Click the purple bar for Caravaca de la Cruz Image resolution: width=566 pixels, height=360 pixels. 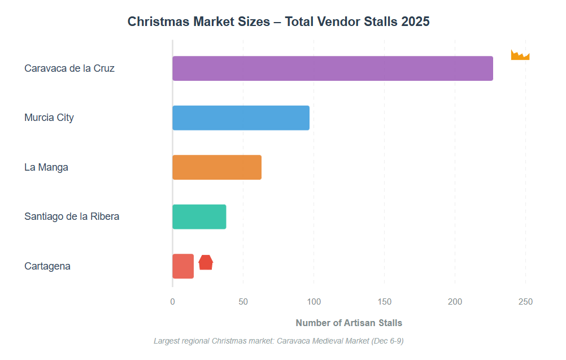coord(332,68)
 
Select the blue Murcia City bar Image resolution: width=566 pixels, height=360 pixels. coord(241,118)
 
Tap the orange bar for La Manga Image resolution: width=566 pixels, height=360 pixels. coord(217,167)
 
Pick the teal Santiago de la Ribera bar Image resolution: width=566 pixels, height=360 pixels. coord(199,216)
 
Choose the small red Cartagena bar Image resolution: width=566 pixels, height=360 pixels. coord(183,266)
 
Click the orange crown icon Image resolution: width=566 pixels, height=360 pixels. coord(520,55)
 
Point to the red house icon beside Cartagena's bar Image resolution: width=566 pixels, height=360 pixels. coord(206,262)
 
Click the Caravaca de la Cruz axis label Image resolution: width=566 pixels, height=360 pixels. coord(69,68)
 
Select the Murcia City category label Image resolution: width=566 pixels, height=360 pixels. coord(49,118)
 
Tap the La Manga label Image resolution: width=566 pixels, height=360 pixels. coord(46,167)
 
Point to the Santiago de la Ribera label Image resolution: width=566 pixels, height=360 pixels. coord(72,216)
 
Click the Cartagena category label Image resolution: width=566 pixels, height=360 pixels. coord(47,266)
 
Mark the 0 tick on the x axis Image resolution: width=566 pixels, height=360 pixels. coord(172,302)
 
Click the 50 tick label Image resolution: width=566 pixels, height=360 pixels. coord(243,302)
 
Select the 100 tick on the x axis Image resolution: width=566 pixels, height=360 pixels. coord(314,302)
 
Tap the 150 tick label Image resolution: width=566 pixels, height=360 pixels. coord(384,302)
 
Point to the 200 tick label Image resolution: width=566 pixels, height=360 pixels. coord(455,302)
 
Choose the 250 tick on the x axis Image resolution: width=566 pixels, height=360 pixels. coord(525,302)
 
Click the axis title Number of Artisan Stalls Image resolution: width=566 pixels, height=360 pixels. coord(349,323)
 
